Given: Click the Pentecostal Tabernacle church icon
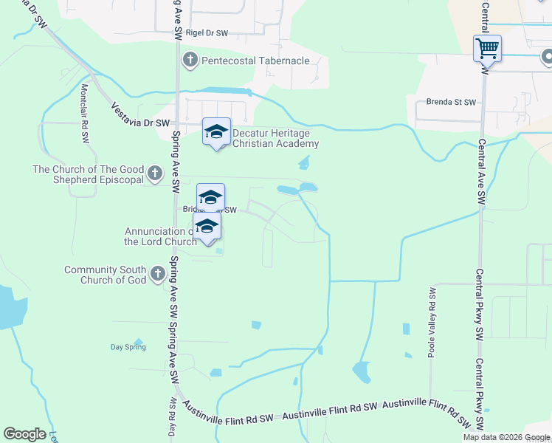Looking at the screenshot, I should click(x=190, y=59).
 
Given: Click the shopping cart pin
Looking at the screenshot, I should click(x=487, y=49).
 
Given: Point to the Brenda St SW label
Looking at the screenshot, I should click(x=452, y=103).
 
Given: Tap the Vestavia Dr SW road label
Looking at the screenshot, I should click(x=140, y=115).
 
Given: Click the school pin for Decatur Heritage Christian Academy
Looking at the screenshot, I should click(x=216, y=132).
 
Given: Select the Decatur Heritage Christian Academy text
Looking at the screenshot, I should click(x=275, y=138).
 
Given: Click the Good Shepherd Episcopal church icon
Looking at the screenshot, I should click(x=154, y=174).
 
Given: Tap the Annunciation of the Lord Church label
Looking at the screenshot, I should click(x=161, y=236).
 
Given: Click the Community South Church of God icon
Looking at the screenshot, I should click(x=157, y=275).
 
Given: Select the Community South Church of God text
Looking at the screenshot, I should click(x=105, y=275).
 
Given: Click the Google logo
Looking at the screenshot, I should click(x=24, y=434).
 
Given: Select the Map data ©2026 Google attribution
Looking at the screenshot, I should click(x=506, y=437).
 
